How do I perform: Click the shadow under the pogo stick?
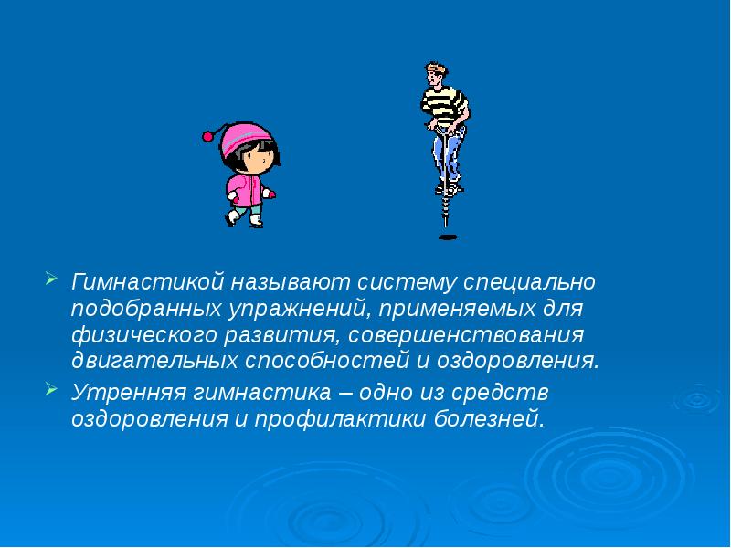coord(447,237)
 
